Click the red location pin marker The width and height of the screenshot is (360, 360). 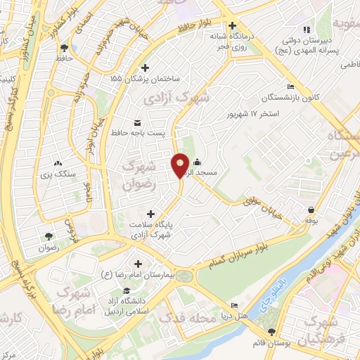point(180,165)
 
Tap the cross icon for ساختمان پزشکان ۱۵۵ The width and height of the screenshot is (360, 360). point(146,68)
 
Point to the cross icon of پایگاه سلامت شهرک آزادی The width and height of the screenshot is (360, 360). point(150,213)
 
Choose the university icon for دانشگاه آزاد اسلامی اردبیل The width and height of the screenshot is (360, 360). point(126,291)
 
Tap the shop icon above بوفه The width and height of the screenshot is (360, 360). point(310,209)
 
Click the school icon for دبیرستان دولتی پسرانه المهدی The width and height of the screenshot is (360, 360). point(305,29)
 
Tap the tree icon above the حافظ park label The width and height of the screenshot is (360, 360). point(65,49)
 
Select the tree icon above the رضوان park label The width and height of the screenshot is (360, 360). point(48,236)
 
